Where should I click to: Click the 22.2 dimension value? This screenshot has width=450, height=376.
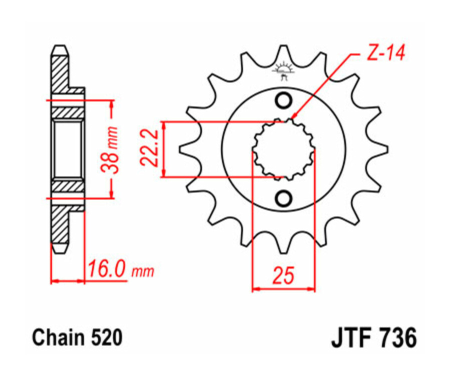pos(148,148)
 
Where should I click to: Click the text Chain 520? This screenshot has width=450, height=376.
pos(77,338)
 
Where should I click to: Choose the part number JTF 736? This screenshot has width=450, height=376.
pos(373,338)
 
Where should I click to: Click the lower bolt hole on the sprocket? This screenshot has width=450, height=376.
pos(283,198)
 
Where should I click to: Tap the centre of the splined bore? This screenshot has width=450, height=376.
pos(283,149)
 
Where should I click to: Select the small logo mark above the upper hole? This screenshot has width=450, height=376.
pos(283,70)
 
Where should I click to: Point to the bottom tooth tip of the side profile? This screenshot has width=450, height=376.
pos(59,249)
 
